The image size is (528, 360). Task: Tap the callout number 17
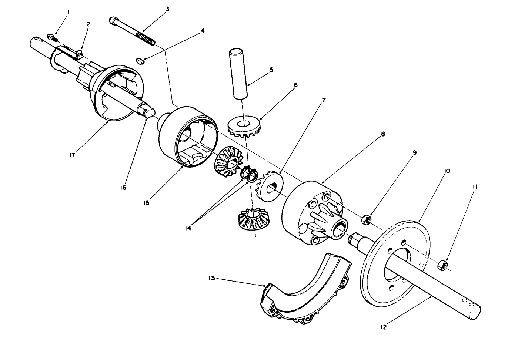click(x=72, y=155)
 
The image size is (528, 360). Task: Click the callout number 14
click(x=188, y=228)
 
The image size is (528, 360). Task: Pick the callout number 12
click(x=384, y=327)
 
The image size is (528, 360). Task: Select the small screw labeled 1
click(x=51, y=37)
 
